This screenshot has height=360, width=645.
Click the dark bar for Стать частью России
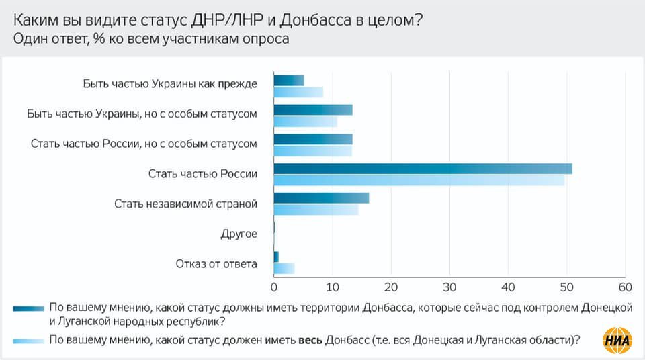point(423,169)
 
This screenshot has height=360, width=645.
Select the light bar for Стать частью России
point(419,180)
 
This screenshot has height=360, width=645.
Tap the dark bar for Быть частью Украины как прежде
point(289,81)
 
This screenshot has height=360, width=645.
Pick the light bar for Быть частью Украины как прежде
point(298,92)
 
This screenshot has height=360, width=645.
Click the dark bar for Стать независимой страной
point(321,197)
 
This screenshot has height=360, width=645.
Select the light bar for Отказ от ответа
point(284,269)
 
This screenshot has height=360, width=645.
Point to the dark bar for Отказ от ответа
point(276,257)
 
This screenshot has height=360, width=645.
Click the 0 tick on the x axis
point(274,287)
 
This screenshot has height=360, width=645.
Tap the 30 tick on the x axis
point(449,287)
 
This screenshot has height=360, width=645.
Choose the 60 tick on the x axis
point(625,287)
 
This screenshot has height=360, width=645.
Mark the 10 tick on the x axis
point(333,287)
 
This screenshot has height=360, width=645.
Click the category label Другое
point(239,234)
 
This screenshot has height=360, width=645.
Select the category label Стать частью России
point(203,174)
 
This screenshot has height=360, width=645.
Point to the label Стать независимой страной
point(186,204)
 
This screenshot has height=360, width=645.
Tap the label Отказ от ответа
point(216,263)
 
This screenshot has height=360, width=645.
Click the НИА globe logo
point(618,338)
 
